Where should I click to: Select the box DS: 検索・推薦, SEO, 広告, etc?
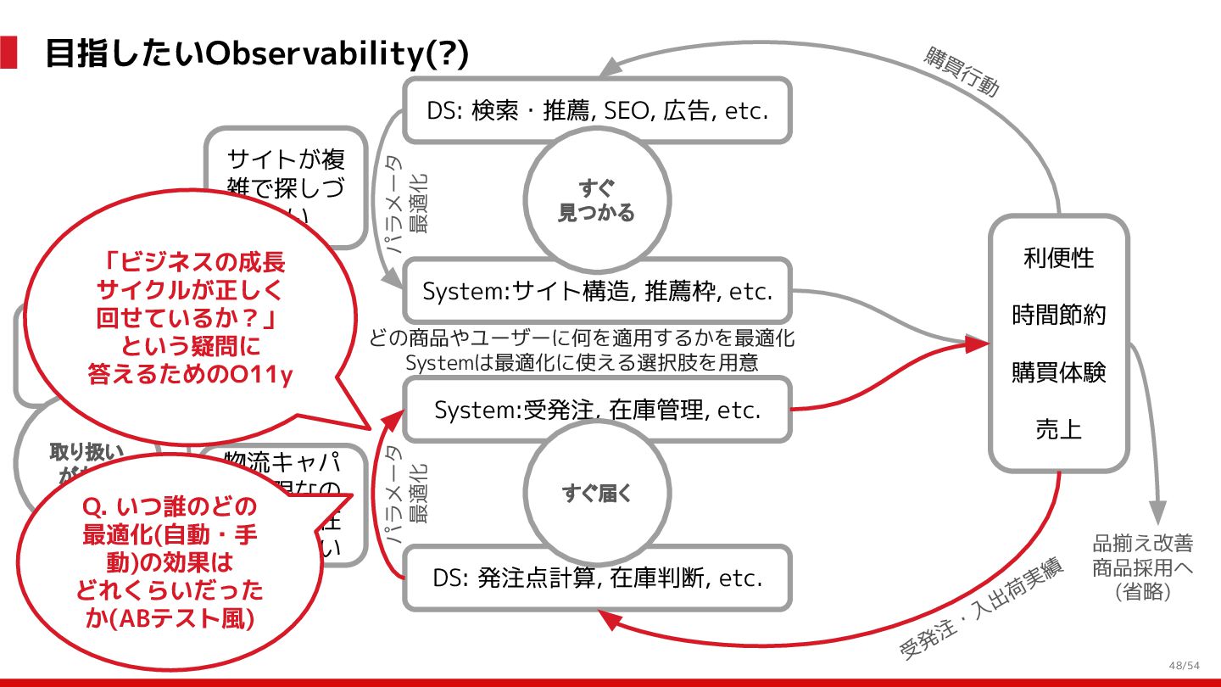(597, 110)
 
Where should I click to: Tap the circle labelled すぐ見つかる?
(596, 200)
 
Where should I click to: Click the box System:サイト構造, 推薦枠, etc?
(597, 291)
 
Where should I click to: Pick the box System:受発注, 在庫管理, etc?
(597, 410)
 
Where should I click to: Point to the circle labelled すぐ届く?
(596, 493)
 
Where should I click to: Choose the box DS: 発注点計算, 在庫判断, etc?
(597, 578)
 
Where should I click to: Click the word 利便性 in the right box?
(1058, 258)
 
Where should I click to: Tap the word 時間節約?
(1058, 316)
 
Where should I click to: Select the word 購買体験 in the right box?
(1058, 372)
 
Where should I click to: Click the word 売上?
(1058, 429)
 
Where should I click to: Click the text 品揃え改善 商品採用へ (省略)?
(1143, 567)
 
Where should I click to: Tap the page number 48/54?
(1184, 665)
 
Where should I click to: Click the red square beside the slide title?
(8, 53)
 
